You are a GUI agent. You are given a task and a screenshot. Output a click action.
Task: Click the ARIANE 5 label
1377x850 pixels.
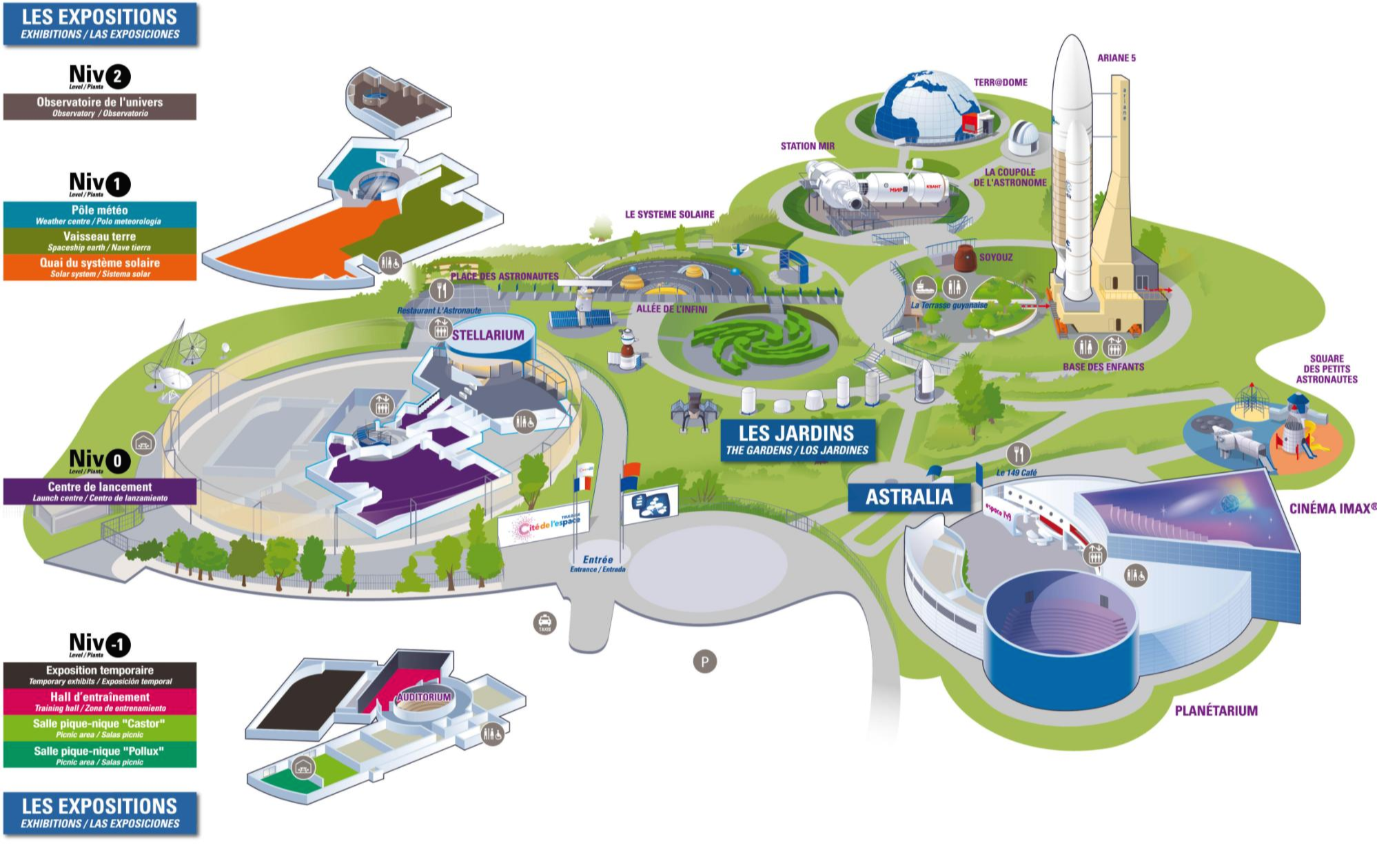1116,58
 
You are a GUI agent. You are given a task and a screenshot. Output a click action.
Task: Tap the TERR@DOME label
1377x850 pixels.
1000,82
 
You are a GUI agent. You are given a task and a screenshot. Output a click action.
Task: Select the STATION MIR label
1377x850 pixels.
807,146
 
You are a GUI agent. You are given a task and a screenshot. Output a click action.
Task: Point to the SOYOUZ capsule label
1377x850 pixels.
996,257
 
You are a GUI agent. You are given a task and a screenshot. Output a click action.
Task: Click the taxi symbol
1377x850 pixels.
545,623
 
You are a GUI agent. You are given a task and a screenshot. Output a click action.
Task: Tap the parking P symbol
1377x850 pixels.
704,662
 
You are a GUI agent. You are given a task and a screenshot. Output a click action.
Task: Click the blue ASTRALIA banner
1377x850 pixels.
908,496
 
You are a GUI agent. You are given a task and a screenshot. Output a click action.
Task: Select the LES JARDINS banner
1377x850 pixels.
797,440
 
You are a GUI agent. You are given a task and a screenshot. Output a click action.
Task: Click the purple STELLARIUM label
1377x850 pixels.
488,335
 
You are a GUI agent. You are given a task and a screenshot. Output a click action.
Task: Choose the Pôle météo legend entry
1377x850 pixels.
99,214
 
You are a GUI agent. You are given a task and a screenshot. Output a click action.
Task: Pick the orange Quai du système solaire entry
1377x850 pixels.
99,267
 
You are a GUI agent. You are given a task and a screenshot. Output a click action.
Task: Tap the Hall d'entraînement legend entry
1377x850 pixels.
99,701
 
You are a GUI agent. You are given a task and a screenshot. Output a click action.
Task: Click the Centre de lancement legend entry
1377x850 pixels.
99,491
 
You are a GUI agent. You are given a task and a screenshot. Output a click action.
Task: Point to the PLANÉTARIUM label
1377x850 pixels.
1216,711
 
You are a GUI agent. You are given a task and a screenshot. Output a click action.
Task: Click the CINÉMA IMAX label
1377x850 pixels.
1332,509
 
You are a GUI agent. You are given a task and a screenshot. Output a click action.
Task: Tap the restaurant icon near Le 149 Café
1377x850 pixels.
1018,454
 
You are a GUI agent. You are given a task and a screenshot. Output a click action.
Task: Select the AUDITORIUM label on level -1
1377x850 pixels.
423,697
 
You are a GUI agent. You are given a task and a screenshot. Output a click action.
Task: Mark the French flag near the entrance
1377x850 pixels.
582,483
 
